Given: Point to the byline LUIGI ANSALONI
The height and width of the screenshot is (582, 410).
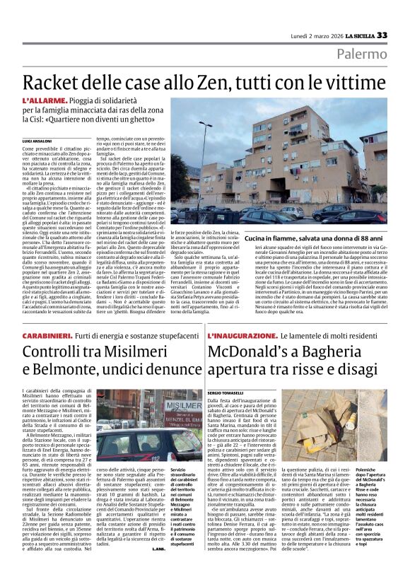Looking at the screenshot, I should [x=57, y=142].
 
